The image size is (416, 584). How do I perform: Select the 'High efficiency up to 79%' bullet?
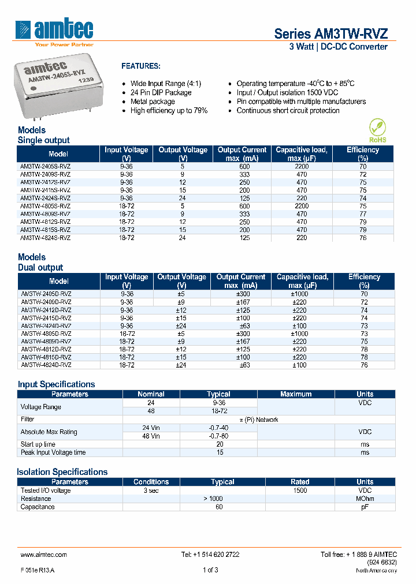(169, 111)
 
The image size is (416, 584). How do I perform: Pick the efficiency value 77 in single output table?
(363, 214)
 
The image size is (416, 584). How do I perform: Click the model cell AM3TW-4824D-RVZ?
(46, 365)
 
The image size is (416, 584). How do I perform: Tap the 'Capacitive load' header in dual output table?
(302, 281)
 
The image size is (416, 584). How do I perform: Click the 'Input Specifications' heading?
(56, 384)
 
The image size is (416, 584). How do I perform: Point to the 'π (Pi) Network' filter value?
(259, 420)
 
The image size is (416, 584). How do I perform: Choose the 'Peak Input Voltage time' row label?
(53, 452)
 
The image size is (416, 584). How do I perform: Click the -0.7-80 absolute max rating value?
(218, 436)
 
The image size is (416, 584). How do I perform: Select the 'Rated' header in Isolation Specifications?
(300, 482)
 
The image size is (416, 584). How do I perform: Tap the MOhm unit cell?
(365, 499)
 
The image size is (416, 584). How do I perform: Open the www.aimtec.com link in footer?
(43, 555)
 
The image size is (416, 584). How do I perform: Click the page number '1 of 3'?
(210, 570)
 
